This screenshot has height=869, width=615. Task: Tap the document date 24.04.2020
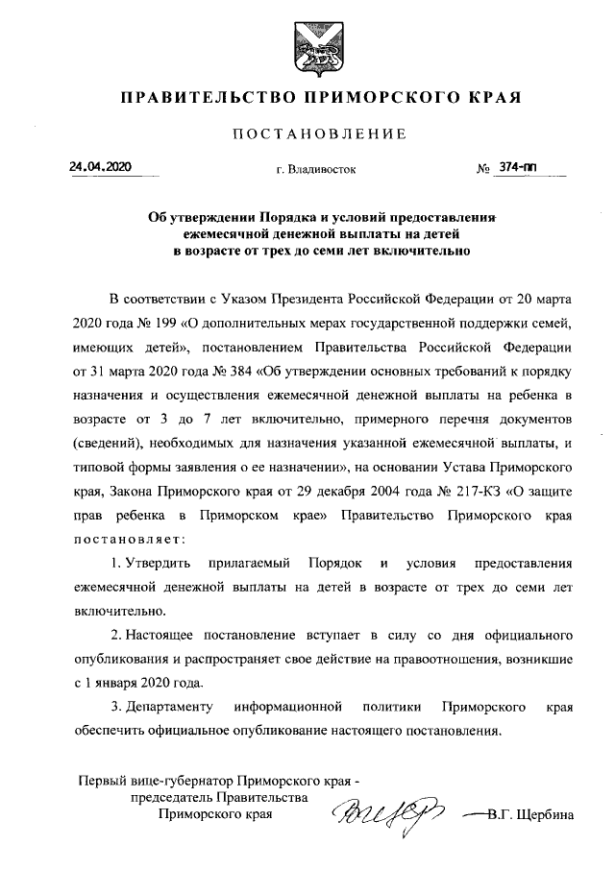pos(100,167)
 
